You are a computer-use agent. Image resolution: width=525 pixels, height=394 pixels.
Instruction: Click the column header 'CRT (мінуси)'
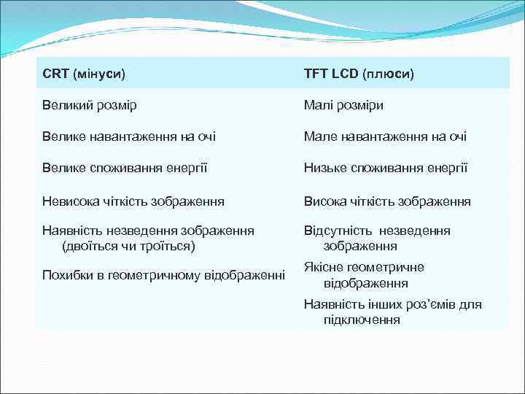pos(84,74)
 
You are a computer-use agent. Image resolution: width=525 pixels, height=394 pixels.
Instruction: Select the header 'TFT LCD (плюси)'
pos(359,74)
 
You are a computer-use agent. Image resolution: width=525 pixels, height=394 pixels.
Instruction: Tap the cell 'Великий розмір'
pos(90,105)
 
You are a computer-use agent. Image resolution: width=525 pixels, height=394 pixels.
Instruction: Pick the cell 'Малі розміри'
pos(343,105)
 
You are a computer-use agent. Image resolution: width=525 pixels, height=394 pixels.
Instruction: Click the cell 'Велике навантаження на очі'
pos(129,136)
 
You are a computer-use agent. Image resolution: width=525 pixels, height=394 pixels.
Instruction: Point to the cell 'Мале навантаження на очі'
pos(385,136)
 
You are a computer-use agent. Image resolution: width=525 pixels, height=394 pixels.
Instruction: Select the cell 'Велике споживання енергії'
pos(125,168)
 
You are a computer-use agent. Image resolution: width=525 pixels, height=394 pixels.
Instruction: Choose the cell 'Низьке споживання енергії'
pos(385,168)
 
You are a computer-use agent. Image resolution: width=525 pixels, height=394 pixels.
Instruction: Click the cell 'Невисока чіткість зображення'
pos(133,201)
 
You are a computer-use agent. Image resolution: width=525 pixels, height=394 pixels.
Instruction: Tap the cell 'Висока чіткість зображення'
pos(387,201)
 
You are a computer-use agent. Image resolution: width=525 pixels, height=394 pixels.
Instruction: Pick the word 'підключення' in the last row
pos(362,320)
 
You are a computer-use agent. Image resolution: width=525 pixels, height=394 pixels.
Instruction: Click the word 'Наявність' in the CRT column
pos(71,231)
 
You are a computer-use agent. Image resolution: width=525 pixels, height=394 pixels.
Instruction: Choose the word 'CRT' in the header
pos(55,74)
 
